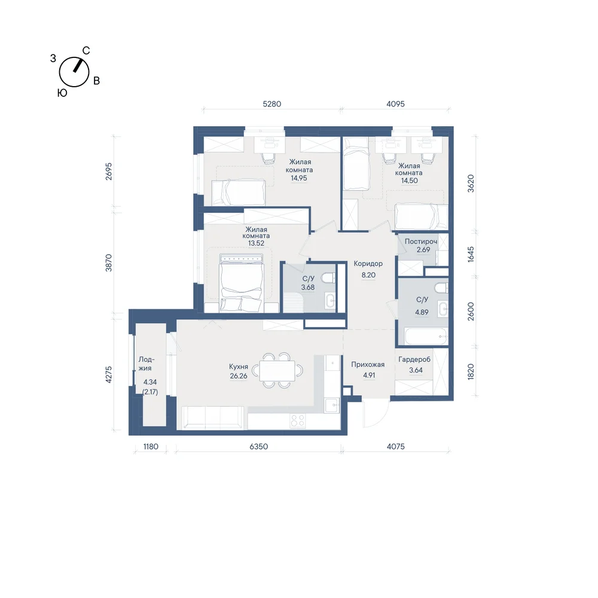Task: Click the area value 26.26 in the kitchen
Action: click(x=239, y=376)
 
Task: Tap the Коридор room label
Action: click(x=368, y=264)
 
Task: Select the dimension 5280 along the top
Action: click(x=272, y=103)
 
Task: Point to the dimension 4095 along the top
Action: click(x=395, y=103)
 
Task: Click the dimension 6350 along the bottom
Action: click(x=258, y=446)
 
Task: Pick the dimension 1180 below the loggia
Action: click(x=151, y=446)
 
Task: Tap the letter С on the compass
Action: click(x=86, y=51)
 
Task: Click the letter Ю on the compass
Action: click(x=62, y=93)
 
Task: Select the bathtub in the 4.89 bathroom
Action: click(x=426, y=336)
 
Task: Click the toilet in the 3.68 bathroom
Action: click(x=328, y=277)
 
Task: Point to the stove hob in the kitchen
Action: click(x=297, y=420)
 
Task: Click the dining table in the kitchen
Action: click(x=277, y=370)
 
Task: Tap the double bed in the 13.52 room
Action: click(x=242, y=283)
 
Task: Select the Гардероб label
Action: click(x=414, y=359)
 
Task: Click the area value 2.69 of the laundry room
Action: click(x=423, y=250)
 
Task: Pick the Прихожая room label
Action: click(x=368, y=365)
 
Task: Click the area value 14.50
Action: click(x=409, y=181)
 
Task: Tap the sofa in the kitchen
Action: click(x=213, y=417)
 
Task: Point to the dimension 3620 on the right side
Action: click(x=471, y=184)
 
